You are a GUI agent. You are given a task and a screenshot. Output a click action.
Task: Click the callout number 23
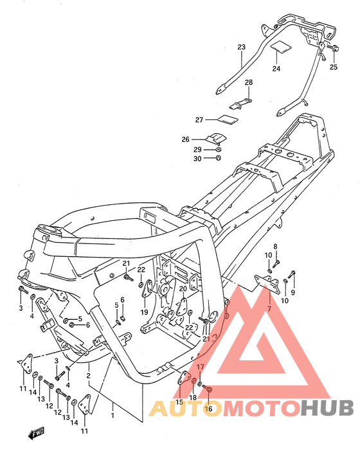pos(241,47)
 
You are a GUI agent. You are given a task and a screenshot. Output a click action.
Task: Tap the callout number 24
pos(276,69)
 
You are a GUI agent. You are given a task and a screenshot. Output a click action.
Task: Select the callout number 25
pos(334,67)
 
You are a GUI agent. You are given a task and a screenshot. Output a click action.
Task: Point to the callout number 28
pos(249,82)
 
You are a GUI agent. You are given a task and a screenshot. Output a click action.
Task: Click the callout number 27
pos(199,120)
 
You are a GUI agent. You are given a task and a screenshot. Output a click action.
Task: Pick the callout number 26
pos(185,139)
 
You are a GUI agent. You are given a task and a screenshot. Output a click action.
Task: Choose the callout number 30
pos(197,159)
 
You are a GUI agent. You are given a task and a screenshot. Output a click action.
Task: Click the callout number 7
pos(269,309)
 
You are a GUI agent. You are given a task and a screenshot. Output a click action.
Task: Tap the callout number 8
pos(275,247)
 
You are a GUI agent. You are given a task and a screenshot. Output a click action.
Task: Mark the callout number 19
pos(144,312)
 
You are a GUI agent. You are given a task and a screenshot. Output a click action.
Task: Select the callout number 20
pos(183,288)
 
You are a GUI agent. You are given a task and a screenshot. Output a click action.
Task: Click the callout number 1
pos(113,415)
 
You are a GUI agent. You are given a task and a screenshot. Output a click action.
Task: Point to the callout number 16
pos(208,409)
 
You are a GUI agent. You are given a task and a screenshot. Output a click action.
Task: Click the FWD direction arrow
pos(36,433)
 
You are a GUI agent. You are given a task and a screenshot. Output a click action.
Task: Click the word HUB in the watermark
pos(328,408)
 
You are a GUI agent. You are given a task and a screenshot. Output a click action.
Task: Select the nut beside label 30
pos(219,157)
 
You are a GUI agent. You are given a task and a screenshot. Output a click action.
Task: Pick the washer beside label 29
pos(218,150)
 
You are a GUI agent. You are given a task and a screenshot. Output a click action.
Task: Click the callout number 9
pos(292,292)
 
